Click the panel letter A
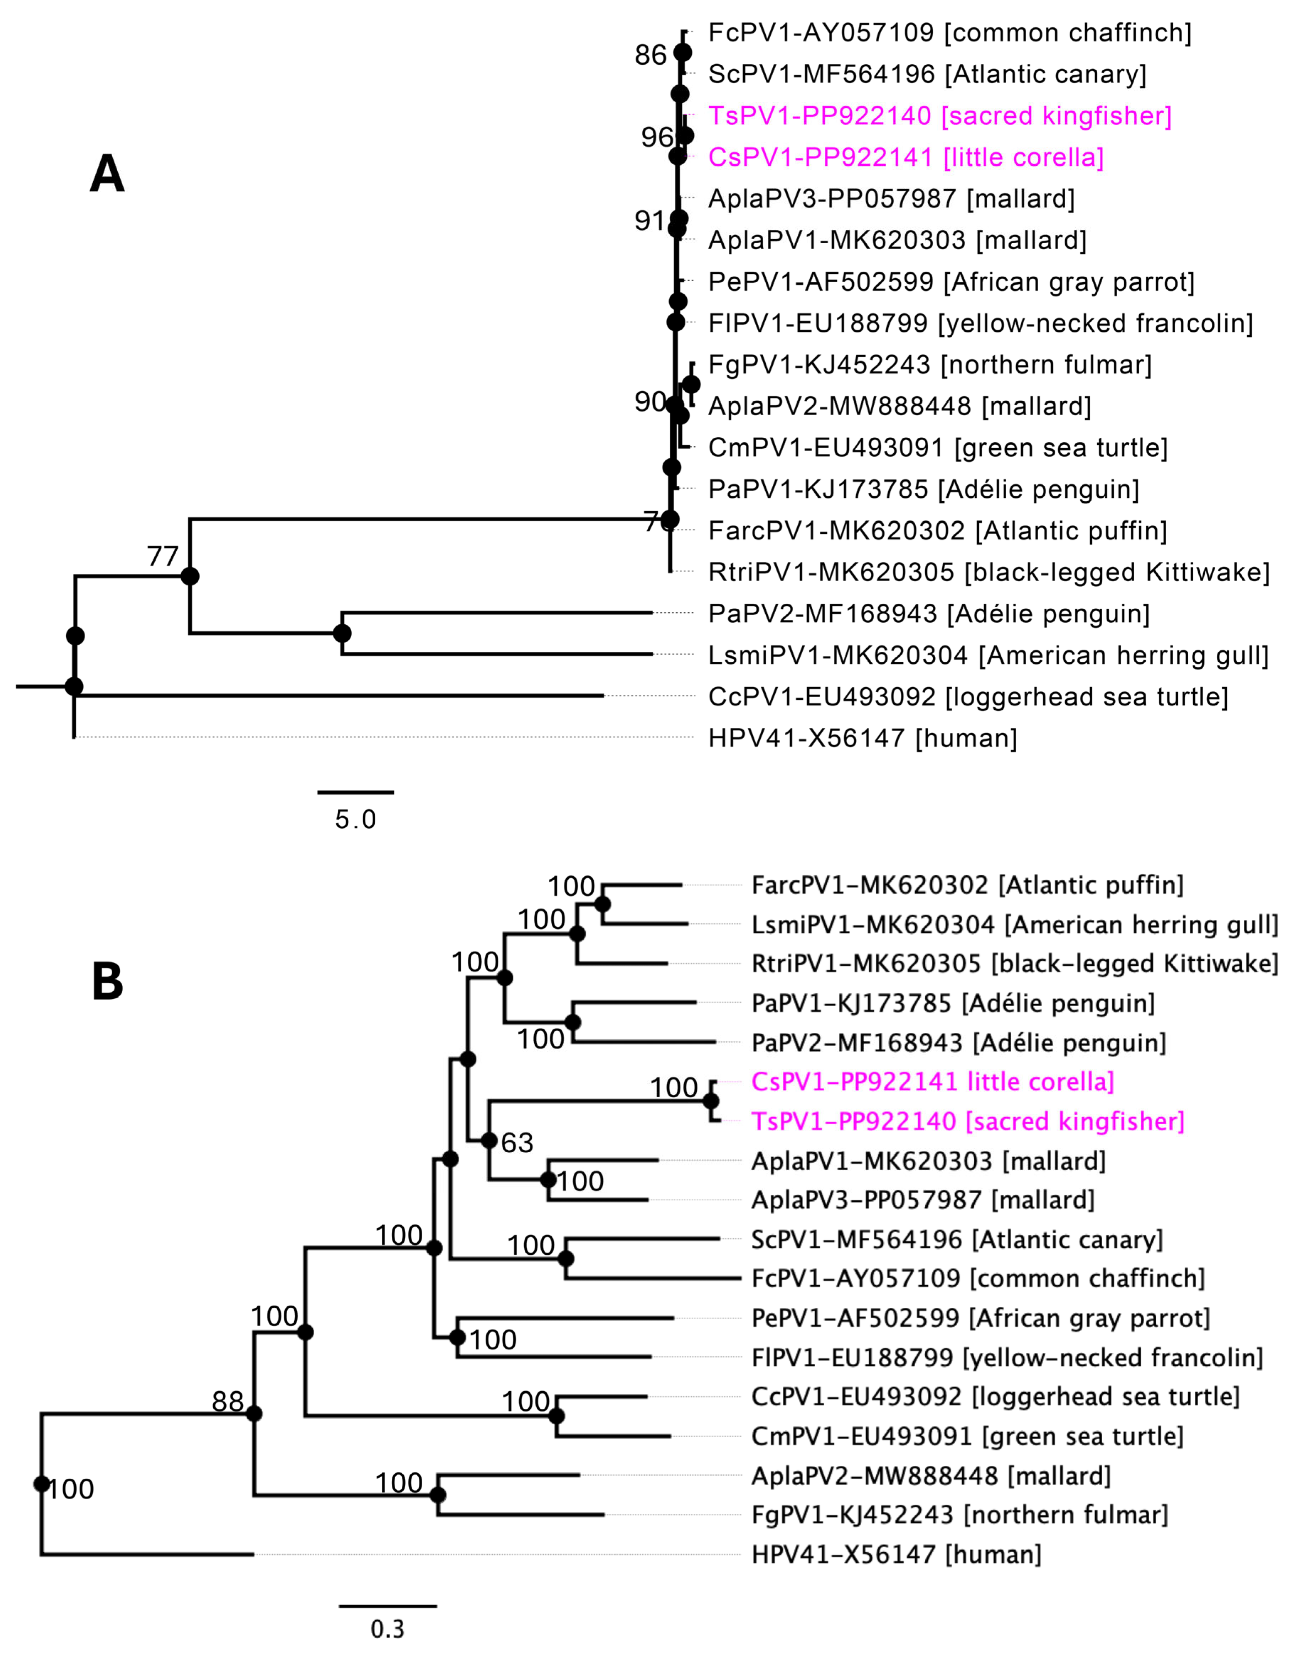107,175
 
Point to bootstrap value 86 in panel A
650,55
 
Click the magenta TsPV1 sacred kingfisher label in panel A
939,116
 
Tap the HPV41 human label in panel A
862,737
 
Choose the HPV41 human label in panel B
896,1554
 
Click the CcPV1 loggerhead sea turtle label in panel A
967,697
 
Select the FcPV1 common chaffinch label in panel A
949,33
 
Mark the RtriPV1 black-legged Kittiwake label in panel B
1014,963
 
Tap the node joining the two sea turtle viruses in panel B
557,1415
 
